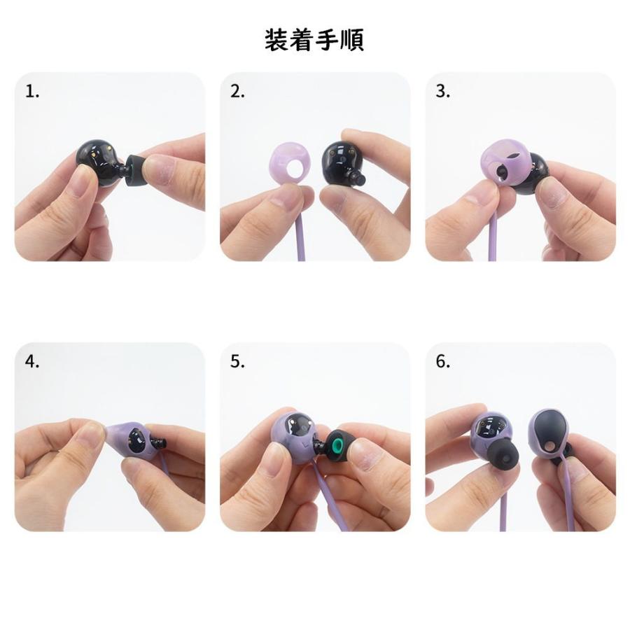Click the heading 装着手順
(314, 40)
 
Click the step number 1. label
(32, 92)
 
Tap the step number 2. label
(237, 92)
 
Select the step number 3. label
(443, 92)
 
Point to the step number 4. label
(32, 362)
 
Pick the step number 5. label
(237, 362)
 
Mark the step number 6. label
(443, 362)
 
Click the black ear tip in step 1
(137, 170)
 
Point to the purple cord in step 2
(300, 238)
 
